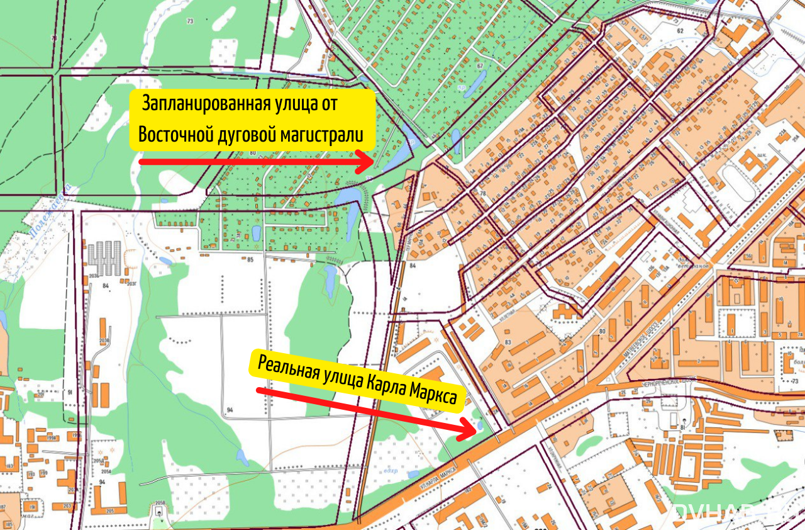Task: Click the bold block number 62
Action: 679,30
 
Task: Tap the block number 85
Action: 250,259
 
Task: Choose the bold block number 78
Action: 483,193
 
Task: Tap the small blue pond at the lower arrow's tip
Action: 480,425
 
